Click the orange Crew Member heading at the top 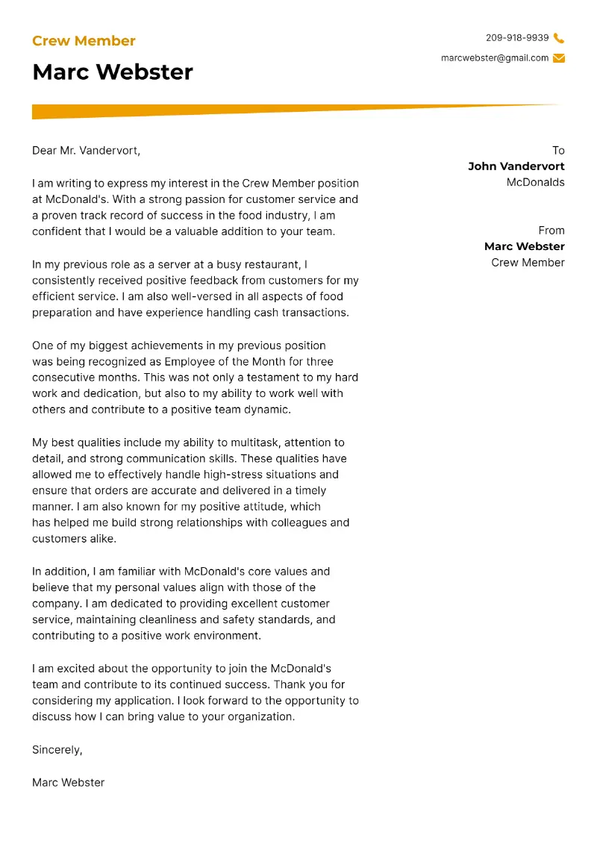coord(84,41)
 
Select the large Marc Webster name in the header coord(113,72)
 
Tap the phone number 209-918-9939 coord(516,38)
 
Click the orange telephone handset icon coord(559,38)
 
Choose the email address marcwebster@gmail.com coord(494,58)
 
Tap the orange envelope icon coord(559,58)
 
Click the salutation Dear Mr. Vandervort coord(86,151)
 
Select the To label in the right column coord(558,151)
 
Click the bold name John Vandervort coord(516,166)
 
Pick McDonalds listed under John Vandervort coord(535,183)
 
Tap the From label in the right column coord(551,231)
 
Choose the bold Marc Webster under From coord(524,246)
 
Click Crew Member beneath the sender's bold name coord(528,263)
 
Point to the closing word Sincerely coord(57,750)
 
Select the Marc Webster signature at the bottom coord(68,783)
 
